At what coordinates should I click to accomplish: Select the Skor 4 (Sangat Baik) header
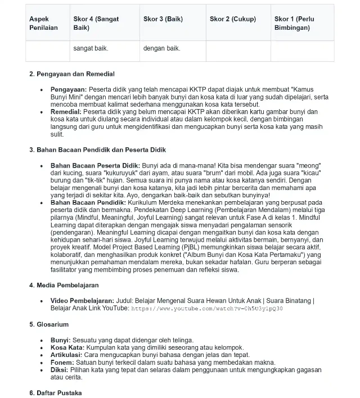(x=96, y=23)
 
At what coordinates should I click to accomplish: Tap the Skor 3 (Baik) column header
(x=163, y=19)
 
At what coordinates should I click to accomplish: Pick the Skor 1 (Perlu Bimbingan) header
(x=294, y=23)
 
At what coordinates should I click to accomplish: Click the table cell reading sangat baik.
(x=91, y=48)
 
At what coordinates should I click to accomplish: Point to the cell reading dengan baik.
(x=162, y=48)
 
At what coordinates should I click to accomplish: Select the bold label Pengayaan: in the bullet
(x=69, y=89)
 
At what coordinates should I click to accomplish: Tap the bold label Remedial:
(x=66, y=112)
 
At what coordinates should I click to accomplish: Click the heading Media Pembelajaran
(x=64, y=285)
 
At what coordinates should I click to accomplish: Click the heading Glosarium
(x=49, y=324)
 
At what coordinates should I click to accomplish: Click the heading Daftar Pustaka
(x=55, y=392)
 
